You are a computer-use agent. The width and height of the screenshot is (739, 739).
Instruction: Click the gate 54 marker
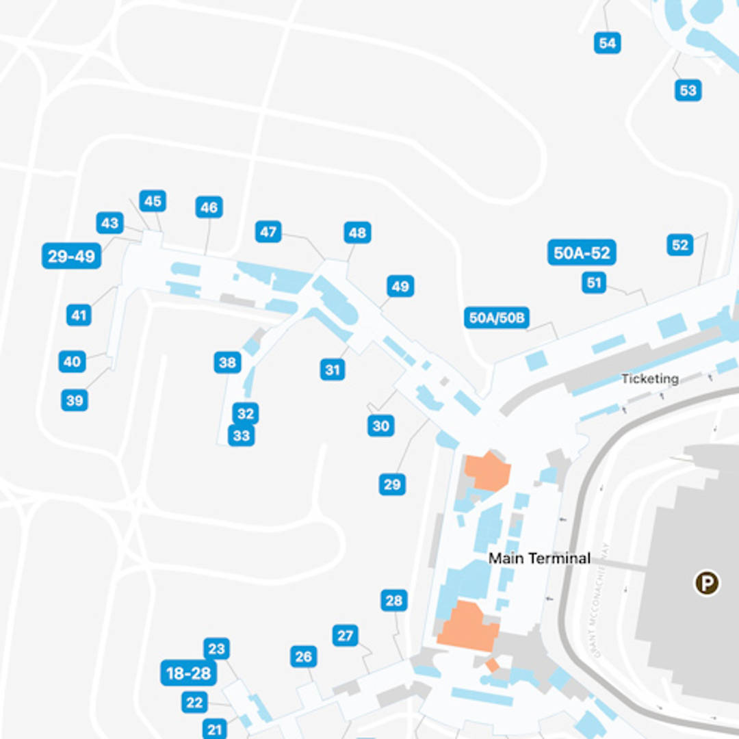[x=607, y=43]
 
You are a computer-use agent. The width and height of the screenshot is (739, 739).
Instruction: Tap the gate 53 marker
[x=688, y=90]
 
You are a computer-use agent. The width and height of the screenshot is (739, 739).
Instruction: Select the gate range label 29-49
[x=71, y=256]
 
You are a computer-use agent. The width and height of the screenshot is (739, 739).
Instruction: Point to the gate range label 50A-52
[x=582, y=252]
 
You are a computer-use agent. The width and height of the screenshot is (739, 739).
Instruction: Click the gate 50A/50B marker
[x=497, y=317]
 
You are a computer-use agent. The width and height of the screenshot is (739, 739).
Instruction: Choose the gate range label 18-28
[x=189, y=673]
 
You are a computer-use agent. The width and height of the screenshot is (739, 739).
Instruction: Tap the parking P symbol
[x=707, y=583]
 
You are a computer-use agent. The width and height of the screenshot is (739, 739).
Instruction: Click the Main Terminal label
[x=539, y=558]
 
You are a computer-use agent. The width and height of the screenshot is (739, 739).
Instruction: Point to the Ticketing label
[x=650, y=378]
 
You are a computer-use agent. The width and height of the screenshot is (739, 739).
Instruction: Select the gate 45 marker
[x=153, y=201]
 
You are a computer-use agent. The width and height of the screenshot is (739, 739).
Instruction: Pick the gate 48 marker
[x=357, y=233]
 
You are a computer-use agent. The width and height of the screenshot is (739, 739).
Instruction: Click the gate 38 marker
[x=227, y=362]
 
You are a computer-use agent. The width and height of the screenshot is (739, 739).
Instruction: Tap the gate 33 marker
[x=241, y=435]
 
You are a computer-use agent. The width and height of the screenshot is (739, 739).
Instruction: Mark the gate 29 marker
[x=392, y=484]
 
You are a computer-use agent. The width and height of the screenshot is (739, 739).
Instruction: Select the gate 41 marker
[x=79, y=315]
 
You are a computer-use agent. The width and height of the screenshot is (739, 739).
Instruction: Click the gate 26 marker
[x=302, y=657]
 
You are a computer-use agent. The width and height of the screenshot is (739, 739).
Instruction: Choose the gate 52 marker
[x=679, y=244]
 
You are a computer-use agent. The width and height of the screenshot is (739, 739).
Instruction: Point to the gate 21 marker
[x=215, y=729]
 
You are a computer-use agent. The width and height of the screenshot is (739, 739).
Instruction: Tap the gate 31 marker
[x=333, y=370]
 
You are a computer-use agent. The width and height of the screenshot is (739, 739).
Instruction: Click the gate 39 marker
[x=75, y=400]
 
